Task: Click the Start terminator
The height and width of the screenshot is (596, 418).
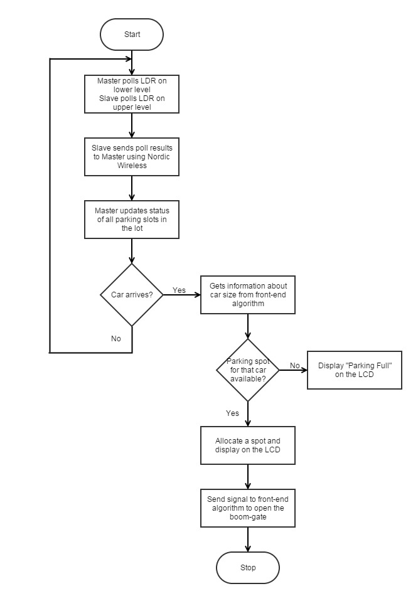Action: tap(132, 35)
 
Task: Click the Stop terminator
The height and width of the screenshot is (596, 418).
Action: tap(248, 568)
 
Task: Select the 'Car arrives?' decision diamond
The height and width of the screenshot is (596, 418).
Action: tap(132, 295)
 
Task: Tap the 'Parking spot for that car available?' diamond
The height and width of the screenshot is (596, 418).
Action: tap(248, 370)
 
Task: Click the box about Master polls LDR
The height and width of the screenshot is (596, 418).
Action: tap(132, 94)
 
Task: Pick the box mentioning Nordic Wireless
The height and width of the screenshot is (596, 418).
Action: tap(132, 157)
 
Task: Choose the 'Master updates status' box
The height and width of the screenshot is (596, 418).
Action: tap(132, 220)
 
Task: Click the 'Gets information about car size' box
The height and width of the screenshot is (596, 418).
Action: tap(248, 295)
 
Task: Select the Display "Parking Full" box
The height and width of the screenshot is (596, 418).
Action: tap(355, 370)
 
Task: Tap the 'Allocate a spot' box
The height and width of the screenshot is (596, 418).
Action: tap(248, 445)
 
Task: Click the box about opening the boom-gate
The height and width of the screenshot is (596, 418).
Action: tap(248, 508)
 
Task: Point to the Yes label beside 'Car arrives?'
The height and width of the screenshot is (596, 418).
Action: tap(179, 290)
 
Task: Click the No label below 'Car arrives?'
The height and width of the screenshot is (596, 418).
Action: tap(116, 338)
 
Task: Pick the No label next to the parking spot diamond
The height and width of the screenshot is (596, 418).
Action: tap(295, 365)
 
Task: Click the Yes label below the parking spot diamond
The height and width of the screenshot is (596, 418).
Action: tap(232, 413)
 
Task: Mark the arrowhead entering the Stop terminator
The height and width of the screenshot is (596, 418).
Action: tap(248, 548)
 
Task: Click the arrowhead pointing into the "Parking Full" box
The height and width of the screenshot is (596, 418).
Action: tap(304, 370)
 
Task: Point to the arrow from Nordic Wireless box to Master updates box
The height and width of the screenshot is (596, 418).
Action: tap(132, 188)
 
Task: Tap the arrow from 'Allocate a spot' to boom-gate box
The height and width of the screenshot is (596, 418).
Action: tap(248, 477)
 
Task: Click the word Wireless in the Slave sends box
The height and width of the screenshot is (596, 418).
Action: tap(132, 166)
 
